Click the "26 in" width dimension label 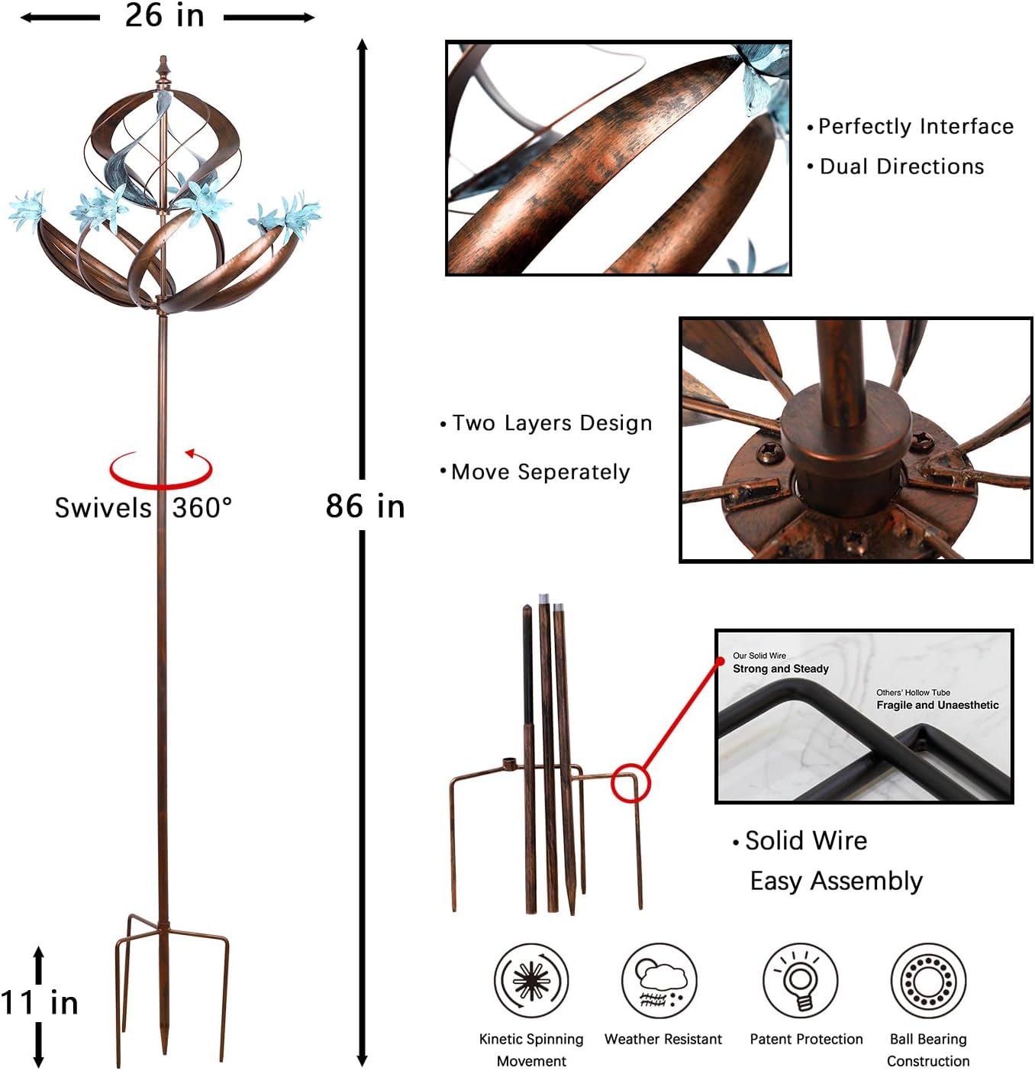click(164, 16)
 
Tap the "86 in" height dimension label click(365, 506)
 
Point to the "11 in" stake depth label click(40, 1003)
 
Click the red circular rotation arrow click(161, 470)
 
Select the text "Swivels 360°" click(143, 508)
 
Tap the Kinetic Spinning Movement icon click(531, 981)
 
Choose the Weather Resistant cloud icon click(659, 981)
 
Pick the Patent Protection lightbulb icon click(801, 981)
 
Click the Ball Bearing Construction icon click(928, 981)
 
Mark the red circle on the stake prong click(630, 783)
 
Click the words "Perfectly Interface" click(916, 127)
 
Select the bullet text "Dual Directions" click(901, 167)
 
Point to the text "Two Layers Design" click(552, 423)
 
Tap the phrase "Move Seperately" click(540, 472)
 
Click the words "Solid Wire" click(806, 841)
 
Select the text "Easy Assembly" click(837, 882)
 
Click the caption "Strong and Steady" click(780, 669)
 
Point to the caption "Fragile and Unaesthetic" click(937, 705)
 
